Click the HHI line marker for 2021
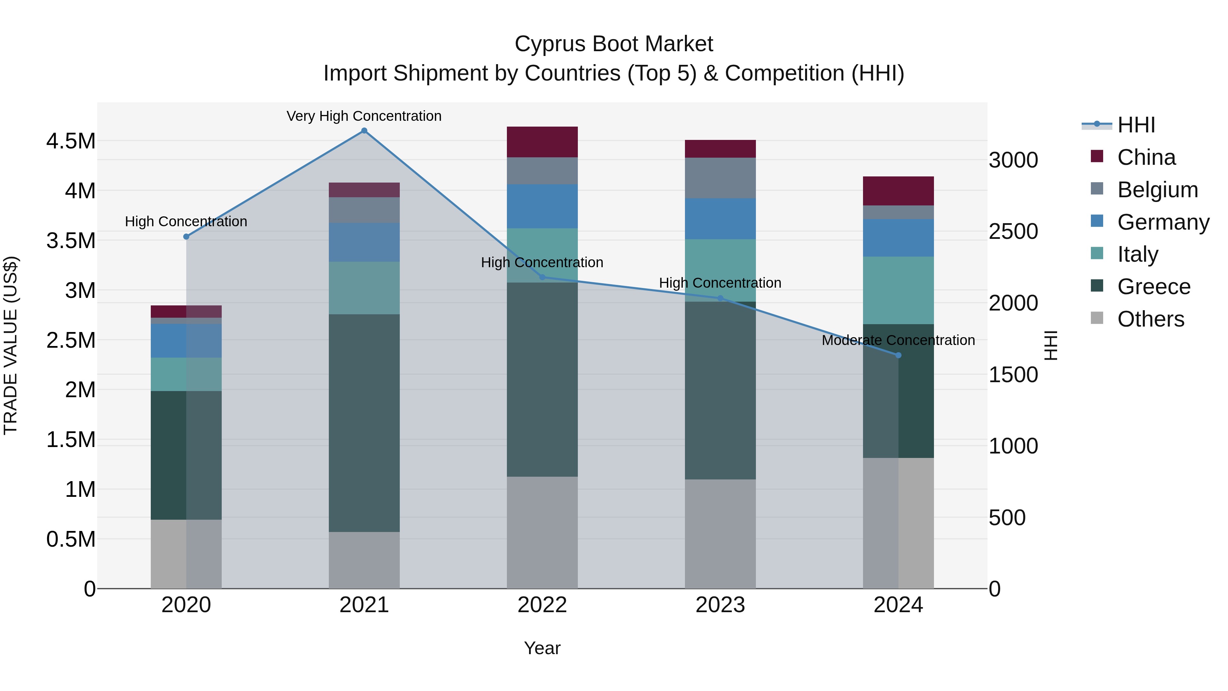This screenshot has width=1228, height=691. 364,131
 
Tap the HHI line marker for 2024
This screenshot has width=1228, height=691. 898,355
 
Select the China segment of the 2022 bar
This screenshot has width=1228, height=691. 542,142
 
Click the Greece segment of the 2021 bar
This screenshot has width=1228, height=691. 364,423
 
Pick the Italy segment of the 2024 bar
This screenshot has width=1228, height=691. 898,290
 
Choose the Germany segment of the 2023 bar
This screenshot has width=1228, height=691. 720,219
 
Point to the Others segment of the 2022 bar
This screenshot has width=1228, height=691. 542,532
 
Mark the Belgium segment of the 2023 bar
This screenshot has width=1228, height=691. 720,178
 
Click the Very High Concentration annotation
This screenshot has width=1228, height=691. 364,116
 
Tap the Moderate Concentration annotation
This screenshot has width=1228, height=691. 898,340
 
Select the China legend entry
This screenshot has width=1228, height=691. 1146,157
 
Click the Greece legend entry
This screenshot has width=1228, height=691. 1154,287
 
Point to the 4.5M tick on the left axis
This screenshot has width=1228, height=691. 71,141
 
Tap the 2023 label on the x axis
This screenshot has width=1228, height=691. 720,605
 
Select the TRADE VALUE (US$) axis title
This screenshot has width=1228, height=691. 11,345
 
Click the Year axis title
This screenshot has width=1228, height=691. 542,648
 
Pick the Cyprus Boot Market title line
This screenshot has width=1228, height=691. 614,44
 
